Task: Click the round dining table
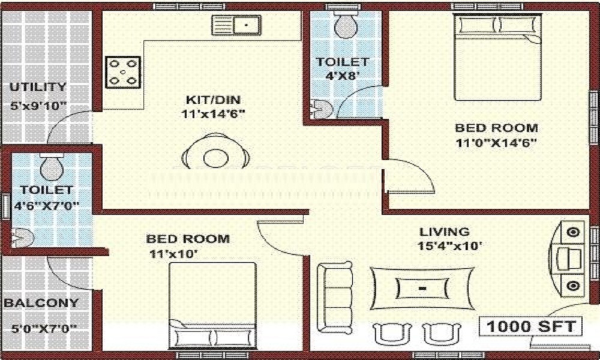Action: click(215, 158)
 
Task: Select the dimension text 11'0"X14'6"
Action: click(495, 143)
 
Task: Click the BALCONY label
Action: click(41, 303)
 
